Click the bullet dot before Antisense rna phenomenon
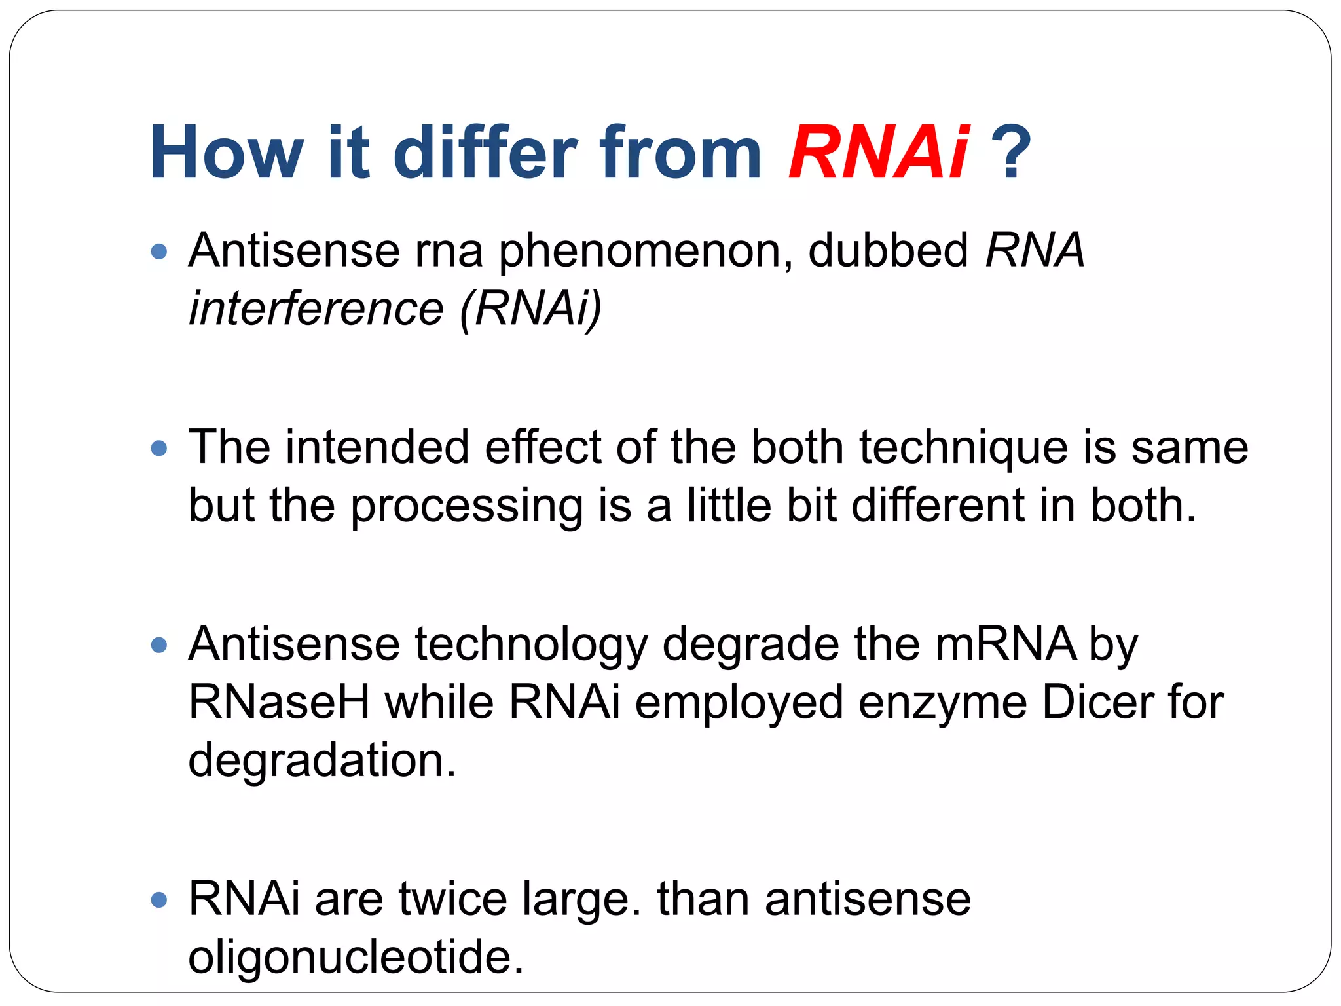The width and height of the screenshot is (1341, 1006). pos(159,251)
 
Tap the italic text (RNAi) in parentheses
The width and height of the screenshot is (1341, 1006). pos(530,308)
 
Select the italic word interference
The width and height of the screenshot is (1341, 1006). pos(316,308)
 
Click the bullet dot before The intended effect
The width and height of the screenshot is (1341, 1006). pos(159,449)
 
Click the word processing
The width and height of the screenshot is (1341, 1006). pos(466,507)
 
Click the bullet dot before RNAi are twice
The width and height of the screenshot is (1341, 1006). pos(159,899)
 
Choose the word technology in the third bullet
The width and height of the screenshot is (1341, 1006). pos(531,645)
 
